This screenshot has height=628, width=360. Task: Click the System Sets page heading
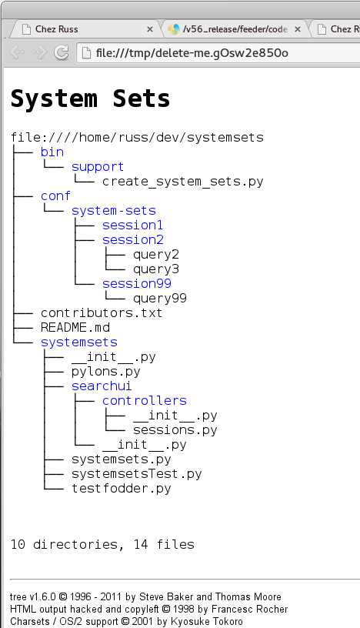[x=90, y=99]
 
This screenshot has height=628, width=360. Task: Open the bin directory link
[x=52, y=152]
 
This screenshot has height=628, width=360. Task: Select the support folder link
[x=98, y=167]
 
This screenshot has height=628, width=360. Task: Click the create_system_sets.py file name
[x=182, y=182]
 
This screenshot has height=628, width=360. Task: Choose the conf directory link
[x=55, y=196]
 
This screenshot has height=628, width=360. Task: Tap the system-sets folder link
[x=113, y=211]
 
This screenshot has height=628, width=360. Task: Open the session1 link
[x=132, y=225]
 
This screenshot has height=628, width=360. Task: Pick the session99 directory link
[x=137, y=284]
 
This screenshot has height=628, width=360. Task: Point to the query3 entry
[x=156, y=269]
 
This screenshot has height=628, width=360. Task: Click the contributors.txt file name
[x=102, y=312]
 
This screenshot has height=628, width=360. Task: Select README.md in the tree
[x=75, y=328]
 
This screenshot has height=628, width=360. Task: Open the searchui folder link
[x=102, y=386]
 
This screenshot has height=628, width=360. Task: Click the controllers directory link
[x=144, y=401]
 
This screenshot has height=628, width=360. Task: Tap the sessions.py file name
[x=175, y=430]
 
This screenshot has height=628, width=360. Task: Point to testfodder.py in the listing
[x=121, y=489]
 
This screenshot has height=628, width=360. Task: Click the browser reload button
[x=62, y=52]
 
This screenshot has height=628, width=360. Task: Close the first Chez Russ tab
[x=150, y=29]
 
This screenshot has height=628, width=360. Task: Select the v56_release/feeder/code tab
[x=235, y=29]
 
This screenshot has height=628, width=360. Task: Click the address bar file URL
[x=192, y=53]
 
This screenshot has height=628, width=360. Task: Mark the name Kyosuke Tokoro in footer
[x=207, y=622]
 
